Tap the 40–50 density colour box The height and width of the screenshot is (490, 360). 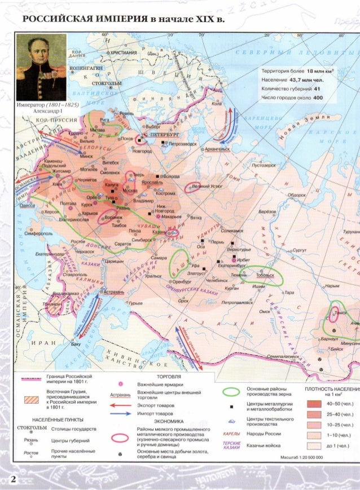(315, 403)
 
